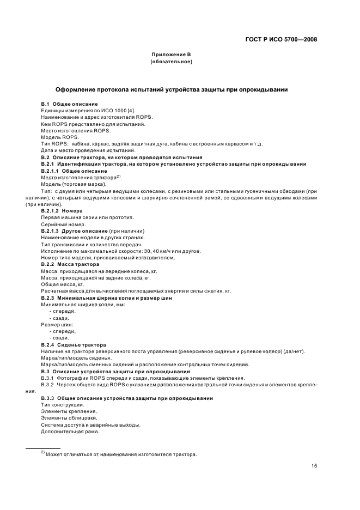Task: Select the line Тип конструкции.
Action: point(63,405)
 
